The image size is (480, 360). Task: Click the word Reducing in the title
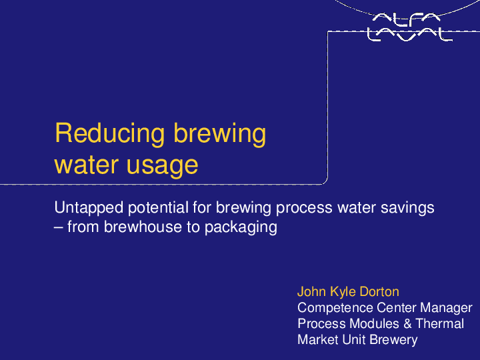110,134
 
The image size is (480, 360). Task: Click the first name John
311,292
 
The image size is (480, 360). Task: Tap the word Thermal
439,324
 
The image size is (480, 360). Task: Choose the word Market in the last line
317,340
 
